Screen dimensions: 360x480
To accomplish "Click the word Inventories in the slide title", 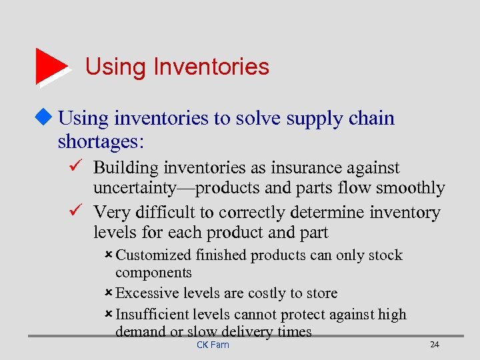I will (211, 67).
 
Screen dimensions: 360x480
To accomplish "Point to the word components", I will (153, 273).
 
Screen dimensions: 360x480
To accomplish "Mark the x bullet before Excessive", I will (109, 293).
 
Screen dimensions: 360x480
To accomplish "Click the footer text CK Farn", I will (213, 345).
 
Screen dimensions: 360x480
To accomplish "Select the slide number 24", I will (435, 345).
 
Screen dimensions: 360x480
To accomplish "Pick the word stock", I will (387, 255).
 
